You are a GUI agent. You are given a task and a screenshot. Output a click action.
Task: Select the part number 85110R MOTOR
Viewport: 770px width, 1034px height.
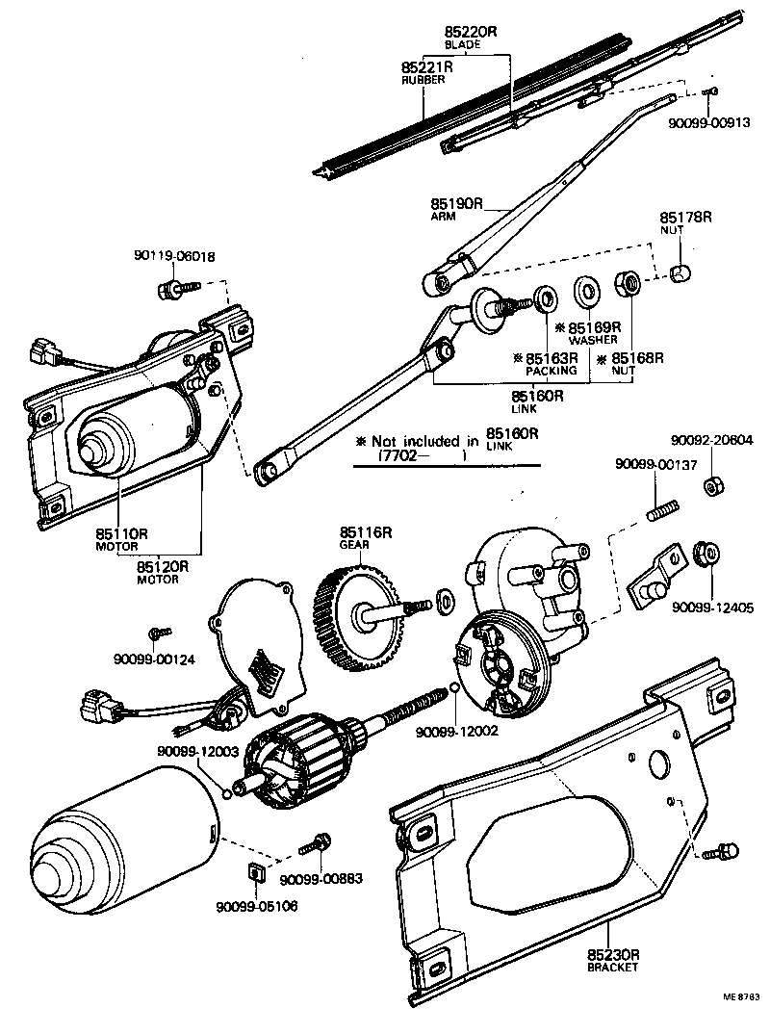(x=120, y=533)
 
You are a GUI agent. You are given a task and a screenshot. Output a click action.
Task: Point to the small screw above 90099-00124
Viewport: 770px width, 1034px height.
(x=157, y=633)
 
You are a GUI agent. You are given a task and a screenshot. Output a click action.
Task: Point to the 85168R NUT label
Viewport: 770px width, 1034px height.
(x=630, y=363)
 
